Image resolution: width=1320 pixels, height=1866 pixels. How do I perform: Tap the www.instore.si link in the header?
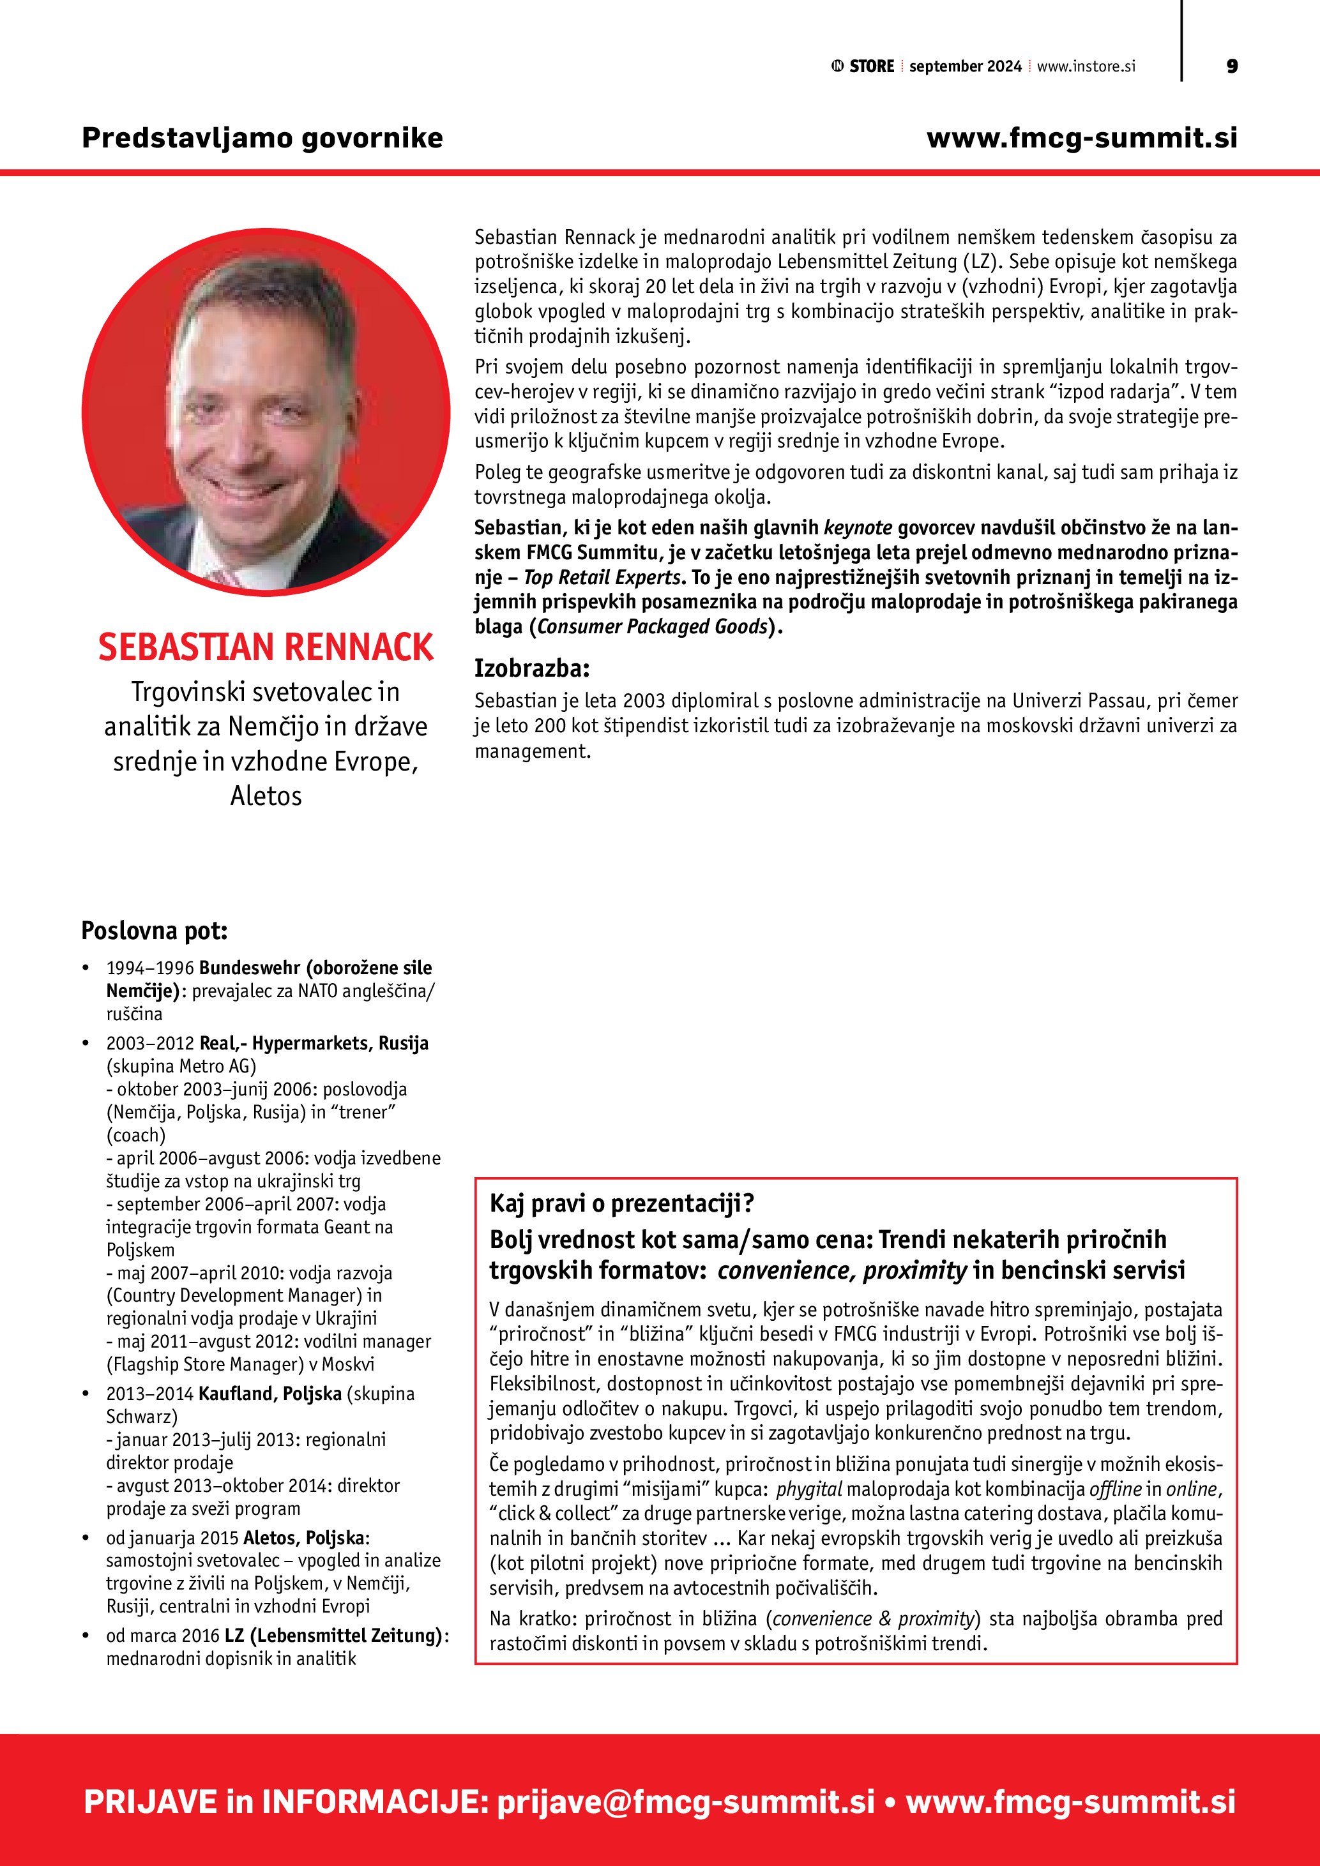click(x=1086, y=66)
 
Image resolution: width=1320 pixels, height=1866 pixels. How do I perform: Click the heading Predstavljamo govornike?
click(x=262, y=137)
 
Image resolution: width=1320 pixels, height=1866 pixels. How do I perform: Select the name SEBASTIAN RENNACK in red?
click(x=266, y=647)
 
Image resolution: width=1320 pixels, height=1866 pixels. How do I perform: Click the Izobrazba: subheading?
click(x=531, y=669)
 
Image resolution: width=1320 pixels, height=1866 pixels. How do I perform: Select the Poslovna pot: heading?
click(x=155, y=931)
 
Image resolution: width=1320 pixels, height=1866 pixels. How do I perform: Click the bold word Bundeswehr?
click(x=250, y=968)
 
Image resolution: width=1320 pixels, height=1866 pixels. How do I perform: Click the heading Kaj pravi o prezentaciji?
click(x=622, y=1203)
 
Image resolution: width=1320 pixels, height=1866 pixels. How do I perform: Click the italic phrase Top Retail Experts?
click(x=602, y=578)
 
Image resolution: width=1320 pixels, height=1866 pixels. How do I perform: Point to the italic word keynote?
click(x=858, y=529)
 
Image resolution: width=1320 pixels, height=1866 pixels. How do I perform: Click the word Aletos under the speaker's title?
click(x=266, y=795)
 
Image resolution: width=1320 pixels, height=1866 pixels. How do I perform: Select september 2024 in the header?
click(x=965, y=66)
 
